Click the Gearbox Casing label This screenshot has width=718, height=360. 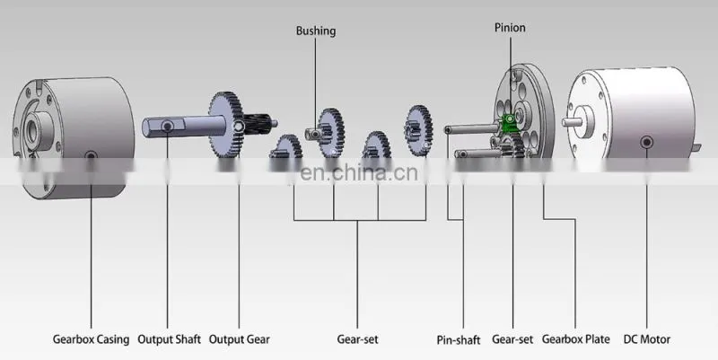[x=92, y=339]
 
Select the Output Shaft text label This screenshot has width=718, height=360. [x=169, y=339]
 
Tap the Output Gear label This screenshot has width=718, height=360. [x=239, y=339]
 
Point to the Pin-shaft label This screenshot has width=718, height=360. [x=459, y=340]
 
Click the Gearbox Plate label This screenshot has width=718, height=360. [x=575, y=339]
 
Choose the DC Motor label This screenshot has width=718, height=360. [x=646, y=339]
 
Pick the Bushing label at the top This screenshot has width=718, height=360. [x=316, y=31]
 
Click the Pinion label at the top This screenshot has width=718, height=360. [x=510, y=28]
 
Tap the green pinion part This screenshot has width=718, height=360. [x=509, y=122]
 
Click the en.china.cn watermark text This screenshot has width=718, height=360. [x=359, y=172]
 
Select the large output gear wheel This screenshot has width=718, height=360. [x=226, y=125]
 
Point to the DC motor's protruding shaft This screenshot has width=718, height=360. [x=572, y=122]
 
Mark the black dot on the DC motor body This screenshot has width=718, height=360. [x=646, y=142]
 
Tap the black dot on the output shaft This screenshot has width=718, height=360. [x=168, y=126]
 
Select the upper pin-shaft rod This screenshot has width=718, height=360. [x=472, y=129]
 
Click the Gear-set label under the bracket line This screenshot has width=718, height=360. [x=357, y=339]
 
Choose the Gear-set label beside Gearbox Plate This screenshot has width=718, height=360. [x=512, y=339]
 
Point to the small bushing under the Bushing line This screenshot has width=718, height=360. [x=313, y=134]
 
